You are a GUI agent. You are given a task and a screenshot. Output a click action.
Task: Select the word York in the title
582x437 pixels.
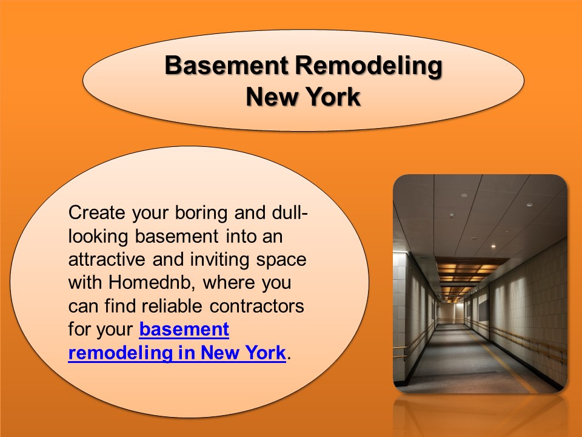click(x=332, y=97)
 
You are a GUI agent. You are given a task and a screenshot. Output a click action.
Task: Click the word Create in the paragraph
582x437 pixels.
click(x=93, y=213)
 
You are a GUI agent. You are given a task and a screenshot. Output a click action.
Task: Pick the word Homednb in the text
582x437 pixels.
click(x=152, y=282)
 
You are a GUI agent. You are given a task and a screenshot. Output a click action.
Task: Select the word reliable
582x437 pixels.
click(x=173, y=305)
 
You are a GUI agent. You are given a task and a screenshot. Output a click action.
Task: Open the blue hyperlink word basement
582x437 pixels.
click(x=184, y=329)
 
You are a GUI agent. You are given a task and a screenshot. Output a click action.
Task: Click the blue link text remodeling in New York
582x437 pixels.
click(x=176, y=353)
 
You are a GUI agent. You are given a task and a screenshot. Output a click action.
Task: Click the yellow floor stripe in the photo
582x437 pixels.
click(x=509, y=364)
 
